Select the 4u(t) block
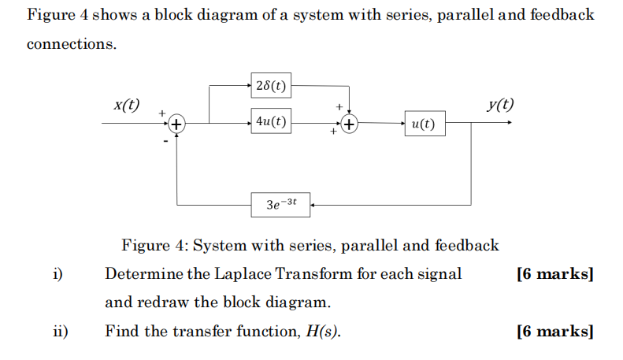tap(271, 122)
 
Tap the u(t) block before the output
tap(424, 124)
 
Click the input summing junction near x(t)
tap(177, 124)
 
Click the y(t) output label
tap(499, 105)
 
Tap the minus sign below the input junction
tap(166, 143)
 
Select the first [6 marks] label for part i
tap(554, 274)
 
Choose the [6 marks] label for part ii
tap(554, 332)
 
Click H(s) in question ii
tap(324, 332)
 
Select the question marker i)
tap(57, 274)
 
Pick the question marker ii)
tap(59, 332)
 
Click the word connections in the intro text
tap(71, 44)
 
